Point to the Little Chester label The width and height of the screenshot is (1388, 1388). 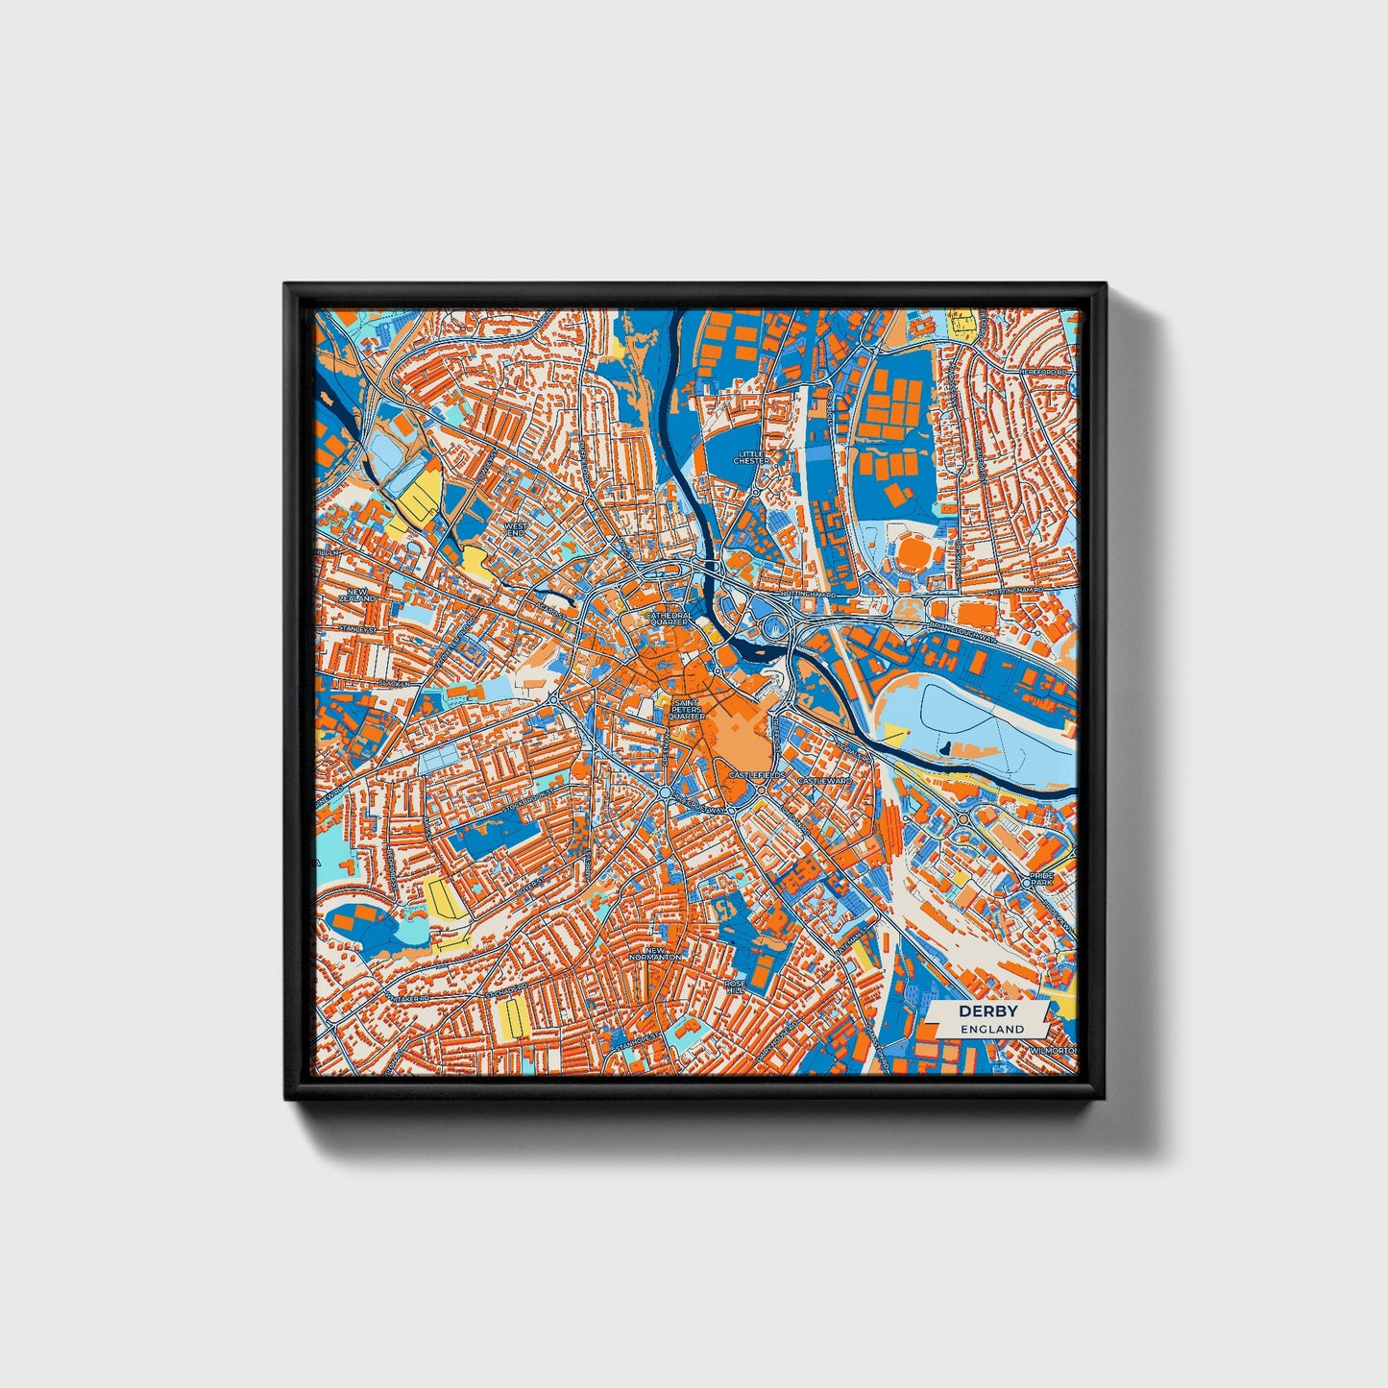click(752, 457)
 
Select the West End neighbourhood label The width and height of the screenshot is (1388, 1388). click(516, 530)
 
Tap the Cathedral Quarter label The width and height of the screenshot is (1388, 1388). click(669, 618)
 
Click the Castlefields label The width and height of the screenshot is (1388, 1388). click(757, 774)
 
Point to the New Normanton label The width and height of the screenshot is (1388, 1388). click(654, 954)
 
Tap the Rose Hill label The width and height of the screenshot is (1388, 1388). click(736, 986)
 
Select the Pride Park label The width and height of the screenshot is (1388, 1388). click(1041, 881)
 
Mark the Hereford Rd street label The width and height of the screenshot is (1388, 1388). click(1045, 372)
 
